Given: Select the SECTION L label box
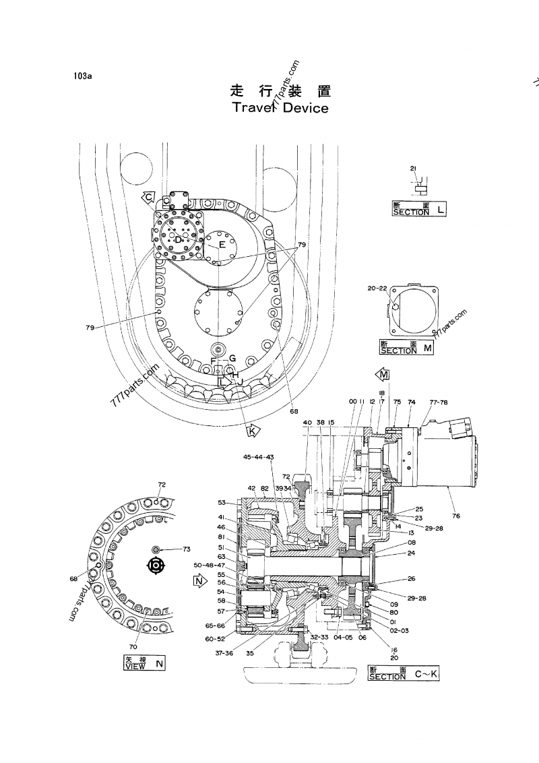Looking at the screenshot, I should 418,208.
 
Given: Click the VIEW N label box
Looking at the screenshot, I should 144,663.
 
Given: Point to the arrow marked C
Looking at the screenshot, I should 150,197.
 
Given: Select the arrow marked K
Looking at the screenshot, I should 253,429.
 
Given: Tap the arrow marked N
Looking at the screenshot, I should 199,580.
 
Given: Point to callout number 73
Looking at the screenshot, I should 187,549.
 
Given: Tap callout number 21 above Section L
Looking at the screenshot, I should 414,167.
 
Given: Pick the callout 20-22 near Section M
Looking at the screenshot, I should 378,288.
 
